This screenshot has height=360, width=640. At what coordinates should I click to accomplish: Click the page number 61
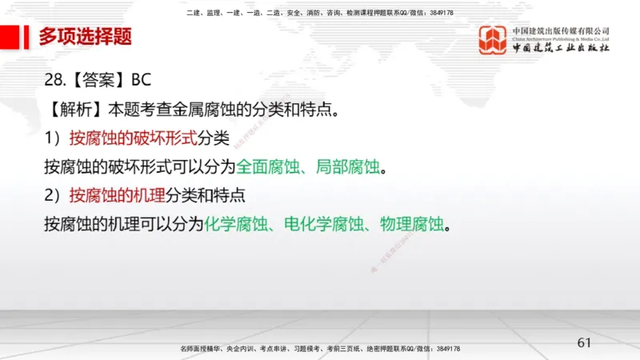584,343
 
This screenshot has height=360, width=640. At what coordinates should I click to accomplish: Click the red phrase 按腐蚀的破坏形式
133,138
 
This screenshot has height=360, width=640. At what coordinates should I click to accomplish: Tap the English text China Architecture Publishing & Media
561,38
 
